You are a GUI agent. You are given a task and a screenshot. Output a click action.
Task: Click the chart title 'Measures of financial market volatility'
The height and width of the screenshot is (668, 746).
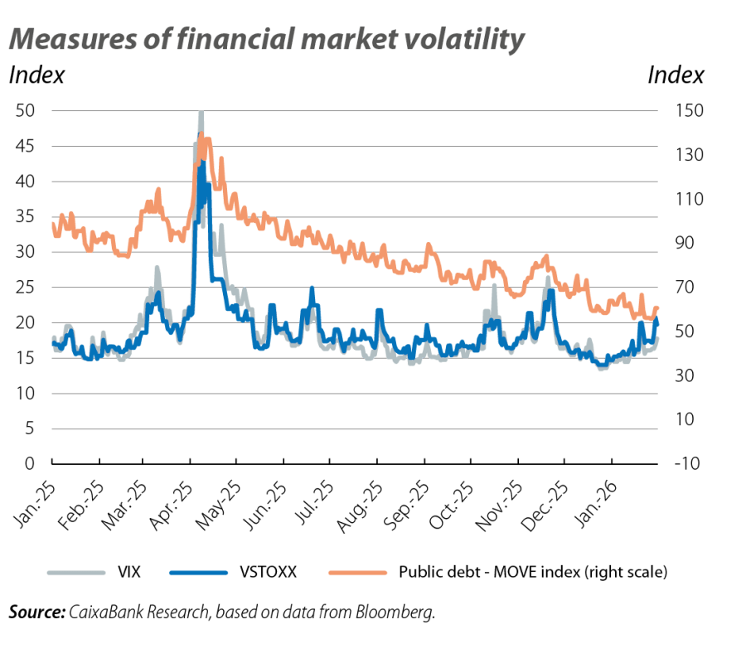coord(266,40)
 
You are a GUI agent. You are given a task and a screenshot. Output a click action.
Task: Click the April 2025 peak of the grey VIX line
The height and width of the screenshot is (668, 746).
coord(201,114)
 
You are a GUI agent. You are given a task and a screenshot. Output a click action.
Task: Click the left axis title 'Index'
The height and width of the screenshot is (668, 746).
coord(36,75)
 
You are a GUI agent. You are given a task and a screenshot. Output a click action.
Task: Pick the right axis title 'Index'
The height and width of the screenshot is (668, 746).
coord(676,75)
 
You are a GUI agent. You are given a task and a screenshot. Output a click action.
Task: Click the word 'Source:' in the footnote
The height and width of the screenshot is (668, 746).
coord(36,613)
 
